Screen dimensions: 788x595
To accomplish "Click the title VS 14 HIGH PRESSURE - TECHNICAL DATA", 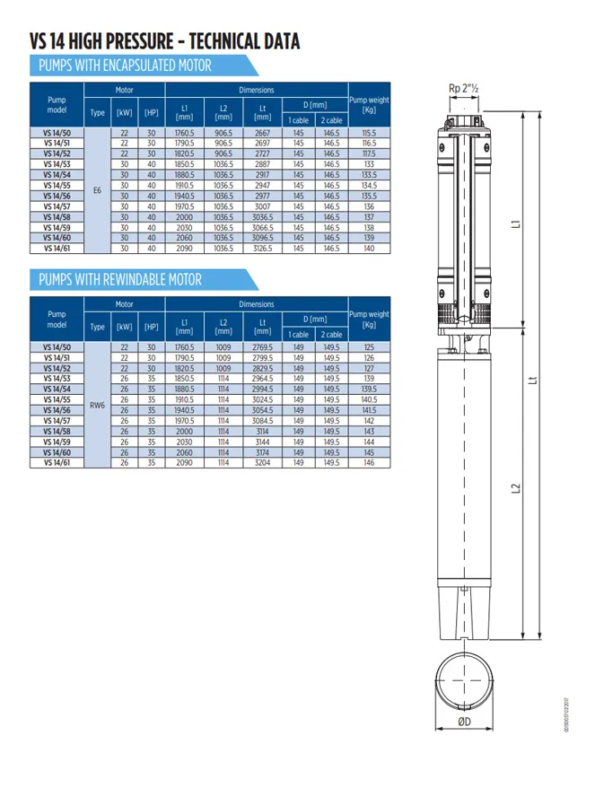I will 164,41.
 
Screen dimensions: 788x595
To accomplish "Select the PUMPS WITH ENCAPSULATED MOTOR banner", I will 125,66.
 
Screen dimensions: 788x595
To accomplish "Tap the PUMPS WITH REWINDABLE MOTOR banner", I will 120,280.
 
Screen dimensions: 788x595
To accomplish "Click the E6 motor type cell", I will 97,190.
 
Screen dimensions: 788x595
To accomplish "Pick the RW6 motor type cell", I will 97,405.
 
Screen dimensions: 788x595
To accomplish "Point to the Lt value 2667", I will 262,132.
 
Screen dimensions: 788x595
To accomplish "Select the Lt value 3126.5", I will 262,248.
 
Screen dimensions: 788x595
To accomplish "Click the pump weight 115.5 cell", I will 369,132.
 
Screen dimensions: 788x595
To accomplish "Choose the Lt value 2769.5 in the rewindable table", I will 262,346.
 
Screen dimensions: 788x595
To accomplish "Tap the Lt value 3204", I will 262,463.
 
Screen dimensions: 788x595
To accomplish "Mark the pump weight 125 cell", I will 369,346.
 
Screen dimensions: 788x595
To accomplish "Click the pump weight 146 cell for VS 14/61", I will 369,463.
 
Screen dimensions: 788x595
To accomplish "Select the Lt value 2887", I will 262,164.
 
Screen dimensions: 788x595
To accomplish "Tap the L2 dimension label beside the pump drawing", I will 517,488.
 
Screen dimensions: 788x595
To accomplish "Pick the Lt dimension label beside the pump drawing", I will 534,381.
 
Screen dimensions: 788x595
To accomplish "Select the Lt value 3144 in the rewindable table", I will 262,442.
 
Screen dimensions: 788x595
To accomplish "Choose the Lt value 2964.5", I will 262,379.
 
